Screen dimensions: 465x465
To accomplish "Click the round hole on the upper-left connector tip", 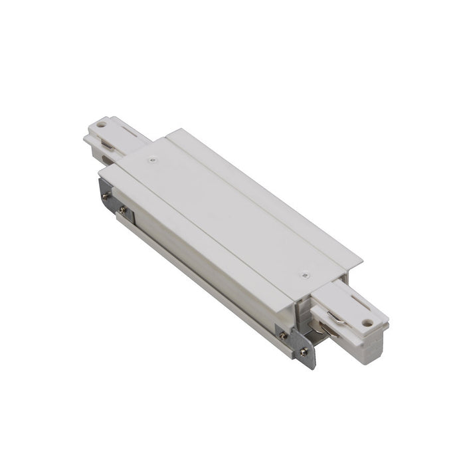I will click(100, 124).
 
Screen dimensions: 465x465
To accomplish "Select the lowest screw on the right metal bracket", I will click(305, 352).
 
